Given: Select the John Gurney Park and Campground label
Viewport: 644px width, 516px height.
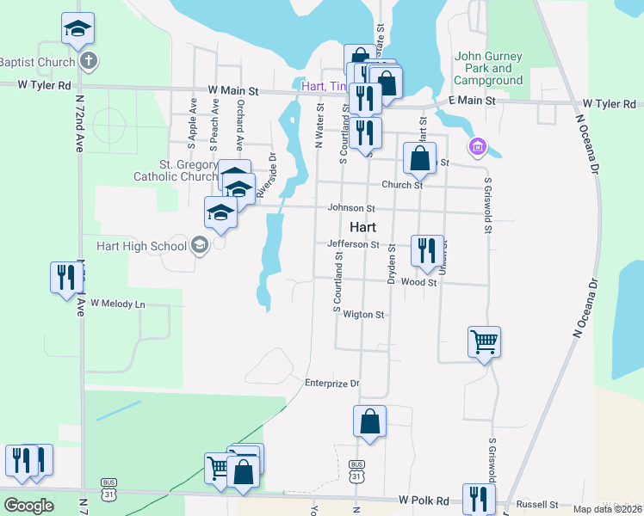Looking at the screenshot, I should coord(488,68).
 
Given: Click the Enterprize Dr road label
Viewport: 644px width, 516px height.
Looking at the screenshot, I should coord(331,383).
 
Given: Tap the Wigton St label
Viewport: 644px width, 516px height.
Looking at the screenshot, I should coord(363,315).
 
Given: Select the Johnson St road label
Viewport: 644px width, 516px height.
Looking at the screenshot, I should coord(351,208).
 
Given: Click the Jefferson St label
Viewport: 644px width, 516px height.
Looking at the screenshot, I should coord(353,244).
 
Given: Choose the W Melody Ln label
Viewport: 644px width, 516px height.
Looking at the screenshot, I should coord(118,304).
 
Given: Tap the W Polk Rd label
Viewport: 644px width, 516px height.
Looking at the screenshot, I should coord(424,501).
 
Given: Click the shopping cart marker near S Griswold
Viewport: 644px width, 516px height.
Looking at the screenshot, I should coord(485,342).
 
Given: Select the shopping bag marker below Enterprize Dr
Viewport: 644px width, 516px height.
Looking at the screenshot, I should coord(369,422).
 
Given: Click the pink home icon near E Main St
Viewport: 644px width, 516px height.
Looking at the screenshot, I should coord(477,148).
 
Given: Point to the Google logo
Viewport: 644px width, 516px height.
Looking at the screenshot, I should coord(29,505).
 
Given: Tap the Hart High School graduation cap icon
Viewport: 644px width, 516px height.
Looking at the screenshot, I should coord(200,246).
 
